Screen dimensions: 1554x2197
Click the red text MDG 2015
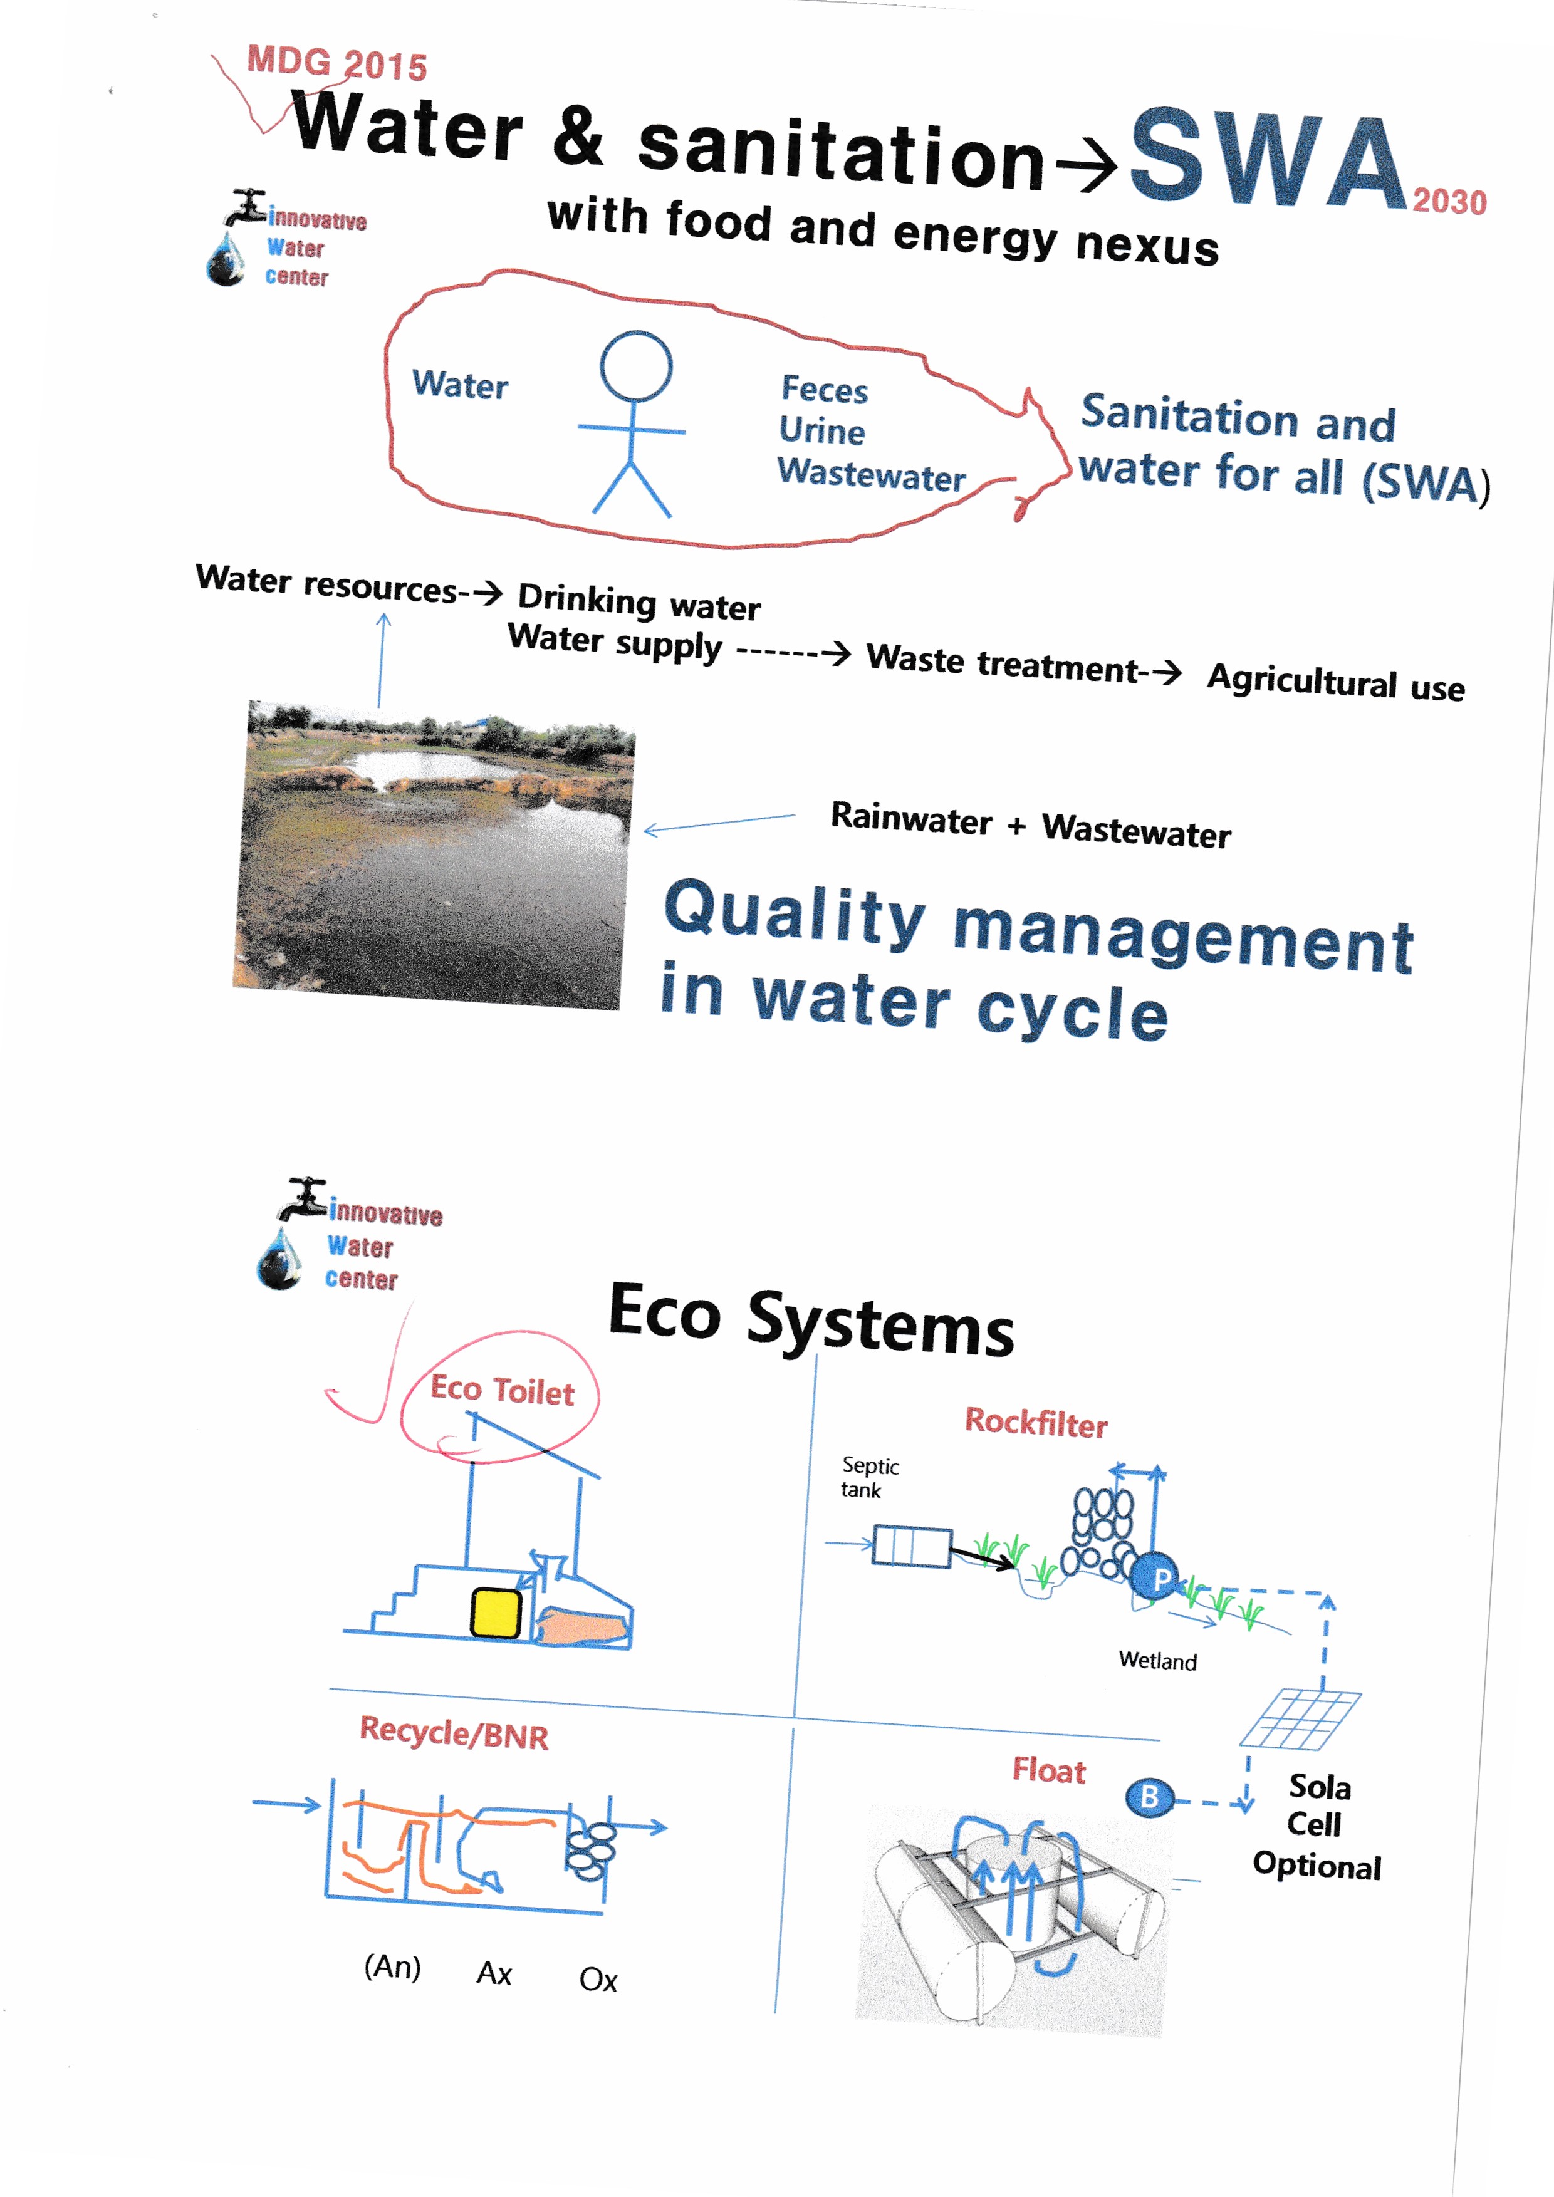point(337,63)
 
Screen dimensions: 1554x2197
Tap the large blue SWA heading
point(1268,159)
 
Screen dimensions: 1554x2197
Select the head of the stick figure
point(635,366)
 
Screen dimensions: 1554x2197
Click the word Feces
point(824,390)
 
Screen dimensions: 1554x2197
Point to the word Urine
point(821,432)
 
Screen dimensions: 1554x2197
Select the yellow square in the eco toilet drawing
point(496,1613)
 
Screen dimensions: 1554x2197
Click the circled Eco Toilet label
point(501,1390)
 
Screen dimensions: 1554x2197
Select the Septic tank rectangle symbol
point(911,1547)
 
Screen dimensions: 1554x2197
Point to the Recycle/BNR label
point(454,1733)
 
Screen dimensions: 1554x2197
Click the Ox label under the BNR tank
point(598,1980)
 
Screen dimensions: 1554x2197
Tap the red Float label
point(1049,1771)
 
